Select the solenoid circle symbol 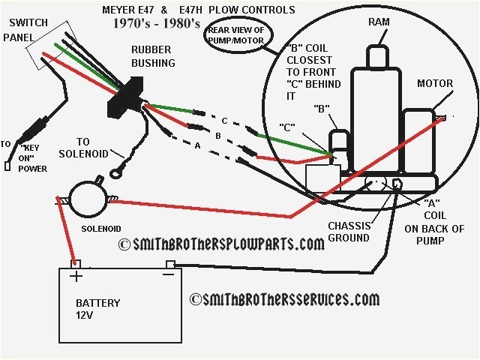88,199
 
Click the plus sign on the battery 76,275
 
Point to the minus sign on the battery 168,275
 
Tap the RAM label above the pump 379,23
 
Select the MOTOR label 435,83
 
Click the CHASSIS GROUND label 349,232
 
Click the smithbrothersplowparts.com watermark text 222,244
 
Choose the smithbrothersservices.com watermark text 284,299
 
